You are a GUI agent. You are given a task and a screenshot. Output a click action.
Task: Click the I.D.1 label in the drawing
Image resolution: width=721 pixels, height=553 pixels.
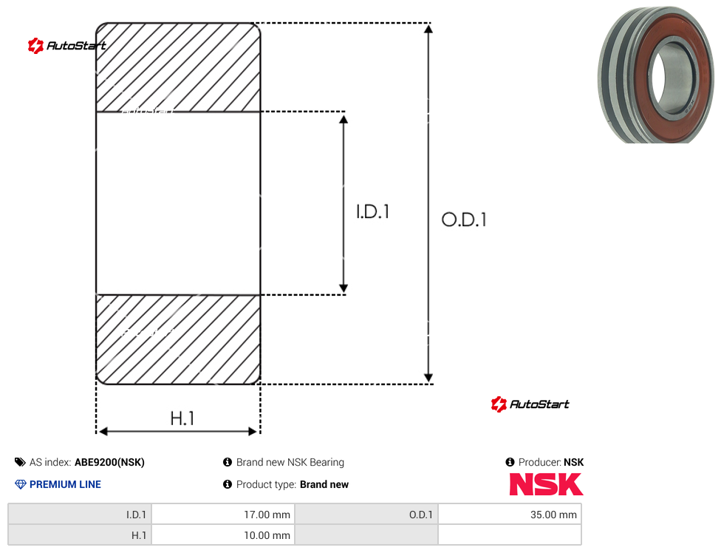pos(373,211)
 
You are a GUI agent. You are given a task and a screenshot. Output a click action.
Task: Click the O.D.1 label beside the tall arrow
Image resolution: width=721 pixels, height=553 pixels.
pos(463,220)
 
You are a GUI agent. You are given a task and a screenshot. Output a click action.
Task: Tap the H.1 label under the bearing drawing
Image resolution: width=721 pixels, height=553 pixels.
pos(182,418)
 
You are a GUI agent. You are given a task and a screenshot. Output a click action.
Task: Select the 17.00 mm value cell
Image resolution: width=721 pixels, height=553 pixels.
pos(223,515)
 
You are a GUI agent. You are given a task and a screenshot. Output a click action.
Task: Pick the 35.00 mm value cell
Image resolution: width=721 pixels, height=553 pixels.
pos(510,515)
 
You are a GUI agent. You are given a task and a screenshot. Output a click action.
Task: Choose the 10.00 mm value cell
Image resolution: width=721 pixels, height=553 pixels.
pos(223,535)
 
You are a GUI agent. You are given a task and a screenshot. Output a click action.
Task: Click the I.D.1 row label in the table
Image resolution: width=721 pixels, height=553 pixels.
pos(80,515)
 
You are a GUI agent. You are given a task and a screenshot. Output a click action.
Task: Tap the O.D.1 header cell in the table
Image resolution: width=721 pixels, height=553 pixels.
pos(366,515)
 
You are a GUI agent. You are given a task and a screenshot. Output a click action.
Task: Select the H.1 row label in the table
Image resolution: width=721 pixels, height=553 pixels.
pos(80,535)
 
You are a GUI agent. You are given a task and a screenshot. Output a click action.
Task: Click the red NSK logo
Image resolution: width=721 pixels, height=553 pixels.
pos(546,484)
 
